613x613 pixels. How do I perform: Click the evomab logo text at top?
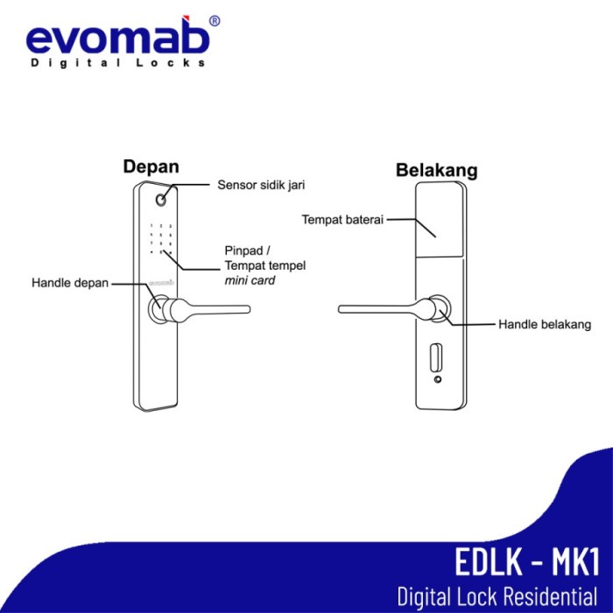click(x=117, y=39)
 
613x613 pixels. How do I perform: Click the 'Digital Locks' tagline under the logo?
click(x=118, y=63)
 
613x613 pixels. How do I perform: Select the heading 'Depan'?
click(x=151, y=166)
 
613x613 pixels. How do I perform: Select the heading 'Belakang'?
click(x=436, y=170)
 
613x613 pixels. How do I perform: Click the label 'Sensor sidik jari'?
click(x=260, y=186)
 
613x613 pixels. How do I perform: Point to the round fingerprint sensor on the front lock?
click(x=160, y=201)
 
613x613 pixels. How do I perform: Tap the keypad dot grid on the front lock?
click(x=159, y=238)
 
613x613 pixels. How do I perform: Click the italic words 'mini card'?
click(x=250, y=280)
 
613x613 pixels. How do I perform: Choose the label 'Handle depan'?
click(x=70, y=283)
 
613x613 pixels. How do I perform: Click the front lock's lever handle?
click(x=210, y=308)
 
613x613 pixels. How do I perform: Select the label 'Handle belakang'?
click(x=545, y=324)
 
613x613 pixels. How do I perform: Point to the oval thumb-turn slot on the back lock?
click(x=435, y=359)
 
